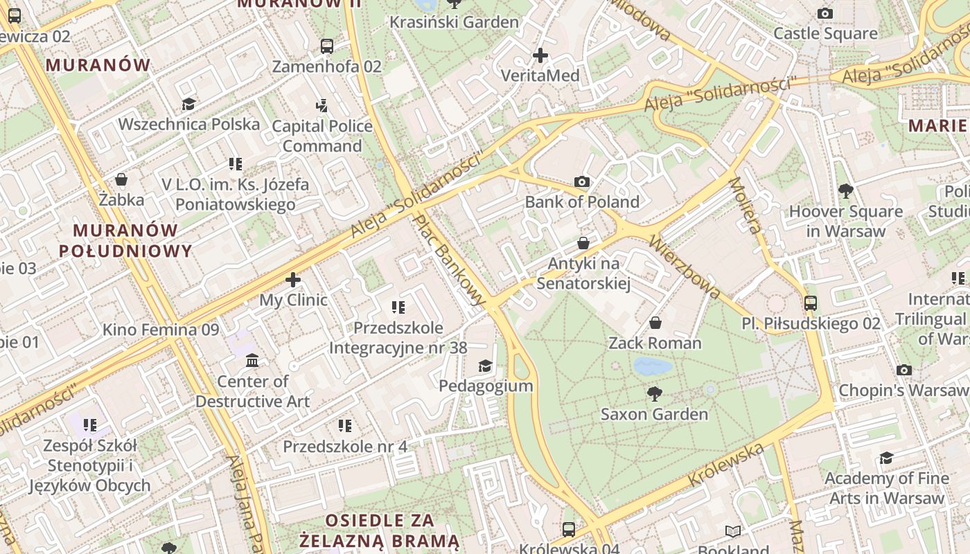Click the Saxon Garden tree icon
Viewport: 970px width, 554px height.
[654, 394]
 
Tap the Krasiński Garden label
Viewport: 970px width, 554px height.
[454, 22]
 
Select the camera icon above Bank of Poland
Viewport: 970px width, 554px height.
[582, 182]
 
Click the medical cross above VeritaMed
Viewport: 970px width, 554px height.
[540, 55]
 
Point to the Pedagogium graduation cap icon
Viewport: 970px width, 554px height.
[485, 366]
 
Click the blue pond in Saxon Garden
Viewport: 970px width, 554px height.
[652, 366]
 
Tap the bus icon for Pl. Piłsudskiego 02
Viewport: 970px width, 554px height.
[811, 303]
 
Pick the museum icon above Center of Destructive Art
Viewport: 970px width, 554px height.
[252, 361]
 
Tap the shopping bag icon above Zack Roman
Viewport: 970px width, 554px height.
[655, 323]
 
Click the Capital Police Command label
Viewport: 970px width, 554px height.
[322, 136]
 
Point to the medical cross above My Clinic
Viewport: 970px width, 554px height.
[293, 280]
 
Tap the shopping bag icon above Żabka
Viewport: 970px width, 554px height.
[121, 180]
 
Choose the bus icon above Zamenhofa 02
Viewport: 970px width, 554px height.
[326, 46]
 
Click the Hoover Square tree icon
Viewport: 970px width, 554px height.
[845, 191]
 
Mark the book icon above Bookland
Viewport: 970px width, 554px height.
[733, 531]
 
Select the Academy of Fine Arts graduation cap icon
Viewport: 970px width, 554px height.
[886, 458]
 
